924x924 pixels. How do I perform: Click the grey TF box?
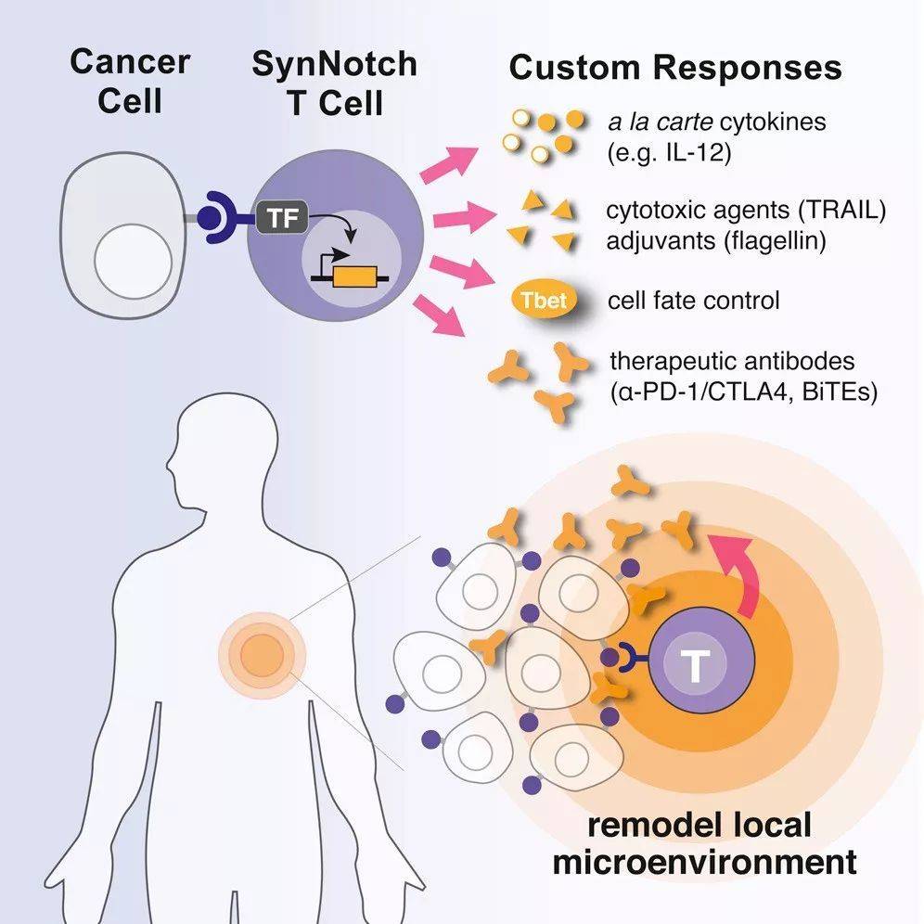click(x=282, y=217)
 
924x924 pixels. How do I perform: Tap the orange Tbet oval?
click(x=544, y=301)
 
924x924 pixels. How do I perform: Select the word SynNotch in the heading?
click(x=334, y=64)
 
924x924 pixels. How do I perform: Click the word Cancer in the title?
click(x=130, y=61)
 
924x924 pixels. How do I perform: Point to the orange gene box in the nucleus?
click(x=354, y=276)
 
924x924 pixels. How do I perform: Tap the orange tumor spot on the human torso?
click(x=262, y=655)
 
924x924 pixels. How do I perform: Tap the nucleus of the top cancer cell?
click(x=134, y=261)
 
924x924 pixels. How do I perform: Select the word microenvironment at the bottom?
click(x=704, y=862)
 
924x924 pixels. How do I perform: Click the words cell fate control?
click(x=694, y=301)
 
